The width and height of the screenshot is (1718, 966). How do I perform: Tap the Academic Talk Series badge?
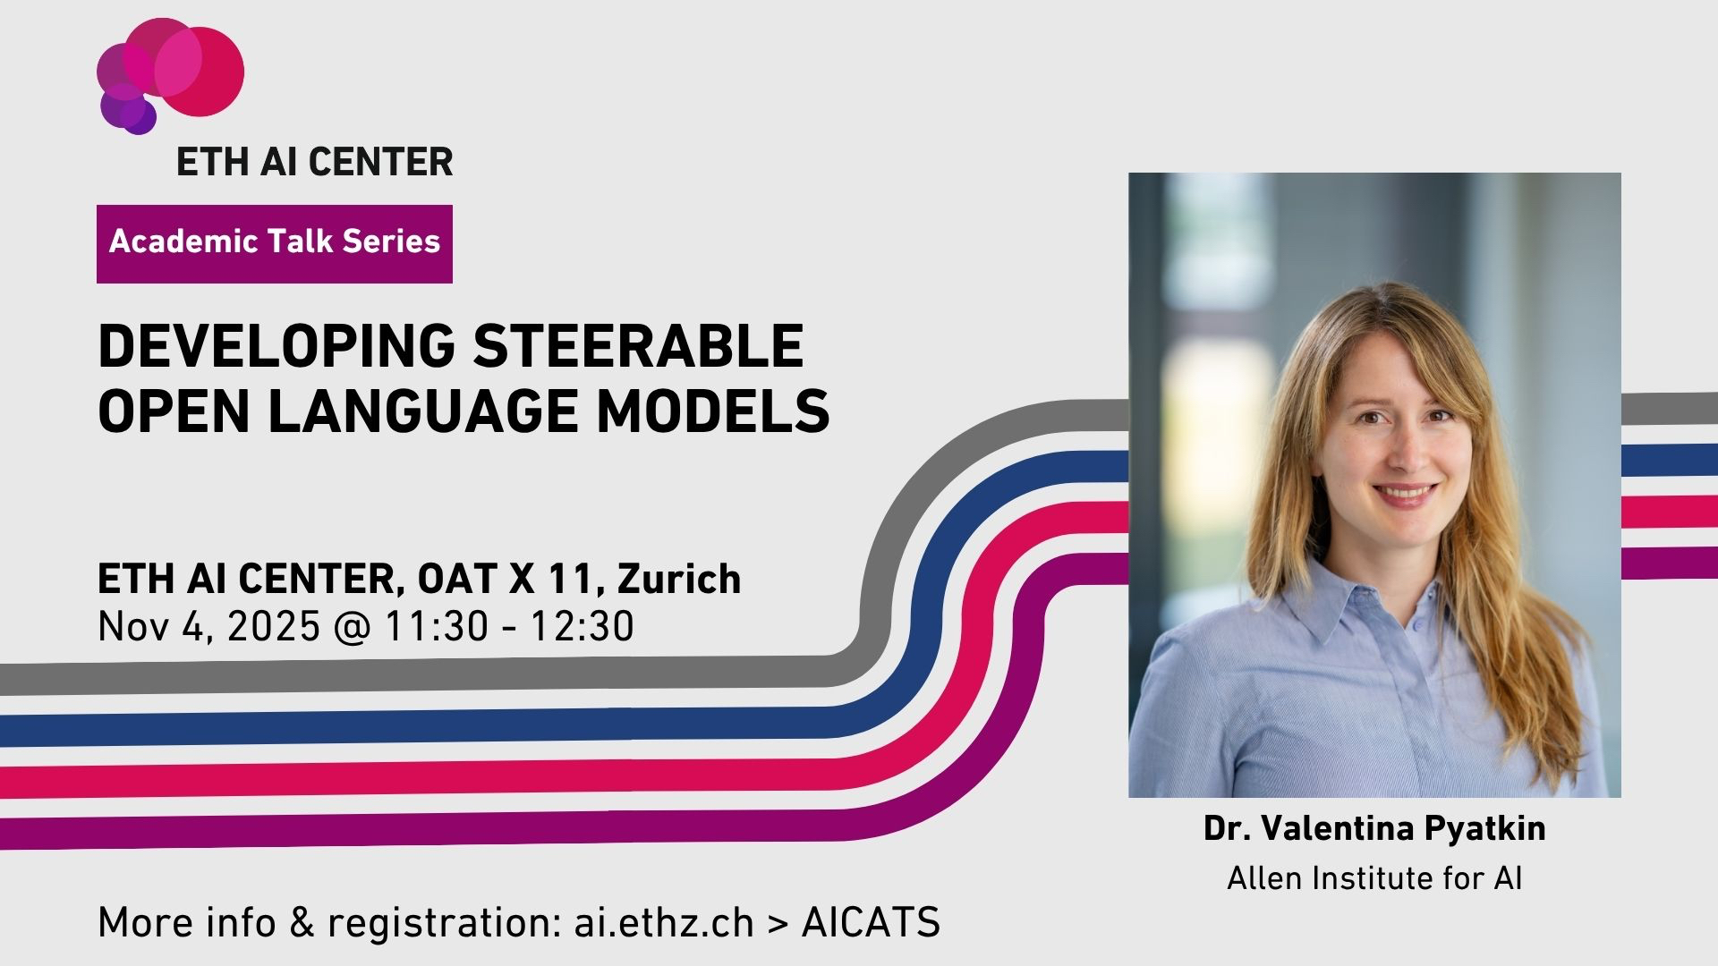(275, 243)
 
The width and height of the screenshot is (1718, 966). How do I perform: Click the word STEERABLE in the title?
(638, 346)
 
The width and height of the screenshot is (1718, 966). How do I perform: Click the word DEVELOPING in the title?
(276, 346)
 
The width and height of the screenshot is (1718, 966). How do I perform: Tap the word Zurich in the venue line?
(679, 579)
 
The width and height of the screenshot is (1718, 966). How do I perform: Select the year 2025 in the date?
(273, 626)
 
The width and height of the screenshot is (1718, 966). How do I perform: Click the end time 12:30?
(583, 626)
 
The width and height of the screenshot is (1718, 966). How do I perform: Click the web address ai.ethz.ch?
(664, 922)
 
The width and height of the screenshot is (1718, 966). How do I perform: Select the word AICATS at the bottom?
(871, 922)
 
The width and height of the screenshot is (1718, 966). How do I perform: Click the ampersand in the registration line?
(302, 923)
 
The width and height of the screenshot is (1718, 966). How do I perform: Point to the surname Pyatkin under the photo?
(1484, 829)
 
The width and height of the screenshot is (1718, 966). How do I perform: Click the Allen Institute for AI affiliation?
(1374, 878)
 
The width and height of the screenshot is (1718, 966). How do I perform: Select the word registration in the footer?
(438, 923)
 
